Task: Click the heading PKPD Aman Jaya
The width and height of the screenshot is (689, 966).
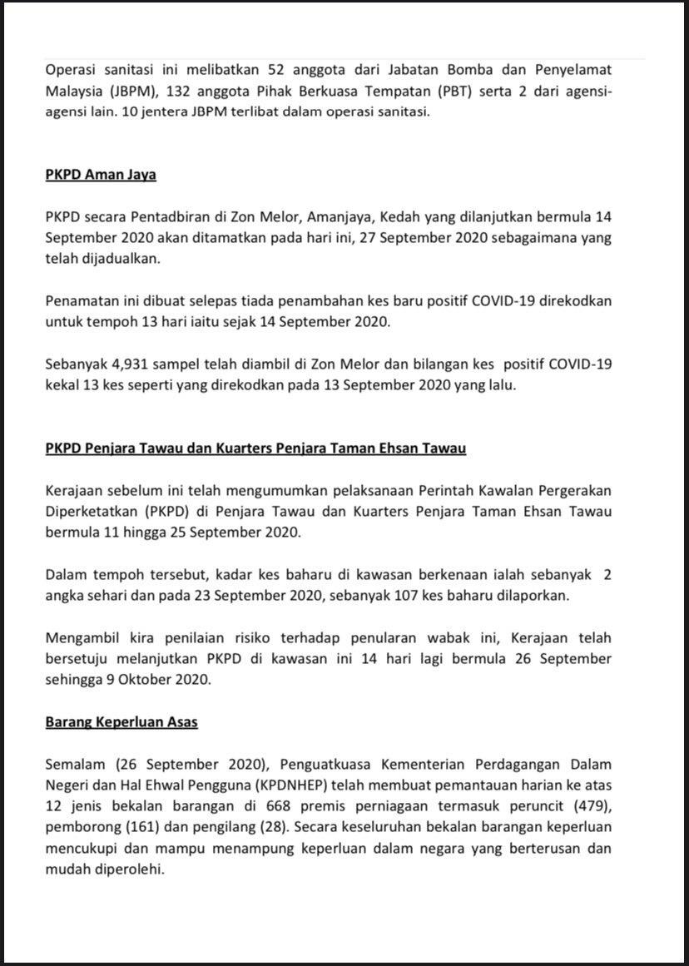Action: (101, 176)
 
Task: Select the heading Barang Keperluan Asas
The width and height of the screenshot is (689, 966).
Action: (121, 721)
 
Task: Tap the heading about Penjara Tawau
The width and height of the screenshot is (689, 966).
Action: (255, 448)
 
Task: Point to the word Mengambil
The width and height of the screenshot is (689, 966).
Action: (82, 637)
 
